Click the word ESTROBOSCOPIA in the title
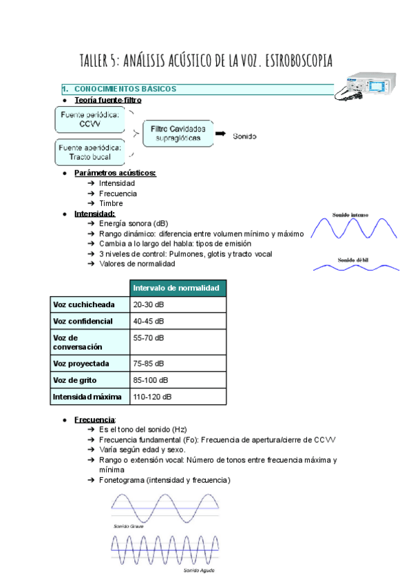point(289,61)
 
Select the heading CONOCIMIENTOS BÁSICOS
point(125,89)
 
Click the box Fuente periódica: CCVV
point(89,120)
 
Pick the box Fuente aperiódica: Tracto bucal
point(89,152)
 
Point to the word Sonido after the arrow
point(244,136)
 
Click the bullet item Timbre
point(111,203)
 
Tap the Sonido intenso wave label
point(354,215)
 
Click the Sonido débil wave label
point(354,260)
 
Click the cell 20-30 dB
point(149,304)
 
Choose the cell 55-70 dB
point(149,338)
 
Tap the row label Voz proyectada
point(81,364)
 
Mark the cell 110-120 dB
point(152,397)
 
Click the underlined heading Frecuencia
point(95,419)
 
